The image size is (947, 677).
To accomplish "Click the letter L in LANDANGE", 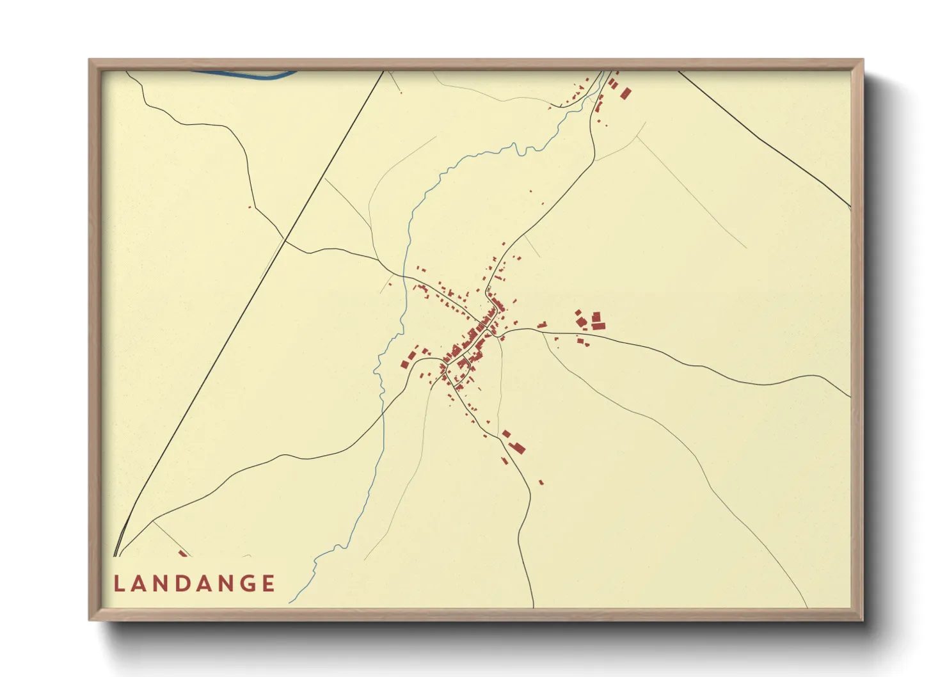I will click(x=118, y=584).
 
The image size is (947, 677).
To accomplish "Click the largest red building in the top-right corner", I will click(x=625, y=93).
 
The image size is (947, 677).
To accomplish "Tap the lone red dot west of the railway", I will click(x=250, y=207).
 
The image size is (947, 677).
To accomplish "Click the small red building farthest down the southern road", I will click(x=541, y=482).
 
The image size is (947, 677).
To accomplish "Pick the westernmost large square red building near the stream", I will click(x=404, y=364).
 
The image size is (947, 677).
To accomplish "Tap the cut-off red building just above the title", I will click(x=183, y=554).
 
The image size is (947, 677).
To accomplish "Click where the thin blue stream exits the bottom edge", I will click(x=289, y=602).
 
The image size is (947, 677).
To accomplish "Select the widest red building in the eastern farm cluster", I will click(x=598, y=326).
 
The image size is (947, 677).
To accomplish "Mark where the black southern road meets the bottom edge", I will click(x=534, y=605).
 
